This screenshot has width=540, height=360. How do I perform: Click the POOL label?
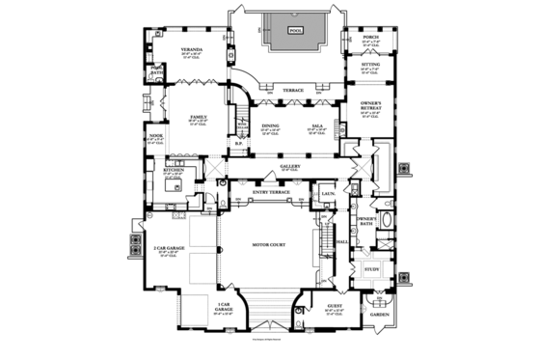(294, 30)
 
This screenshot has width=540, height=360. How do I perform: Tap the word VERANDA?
(191, 47)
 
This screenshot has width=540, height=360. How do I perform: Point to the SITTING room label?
(369, 66)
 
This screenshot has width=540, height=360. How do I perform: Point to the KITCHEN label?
(174, 170)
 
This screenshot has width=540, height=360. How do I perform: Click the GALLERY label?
(291, 166)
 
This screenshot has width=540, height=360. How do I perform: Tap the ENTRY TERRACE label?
(271, 193)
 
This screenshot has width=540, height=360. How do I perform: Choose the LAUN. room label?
(328, 194)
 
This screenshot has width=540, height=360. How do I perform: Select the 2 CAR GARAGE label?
(167, 248)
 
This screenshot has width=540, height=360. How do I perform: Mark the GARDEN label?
(379, 315)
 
